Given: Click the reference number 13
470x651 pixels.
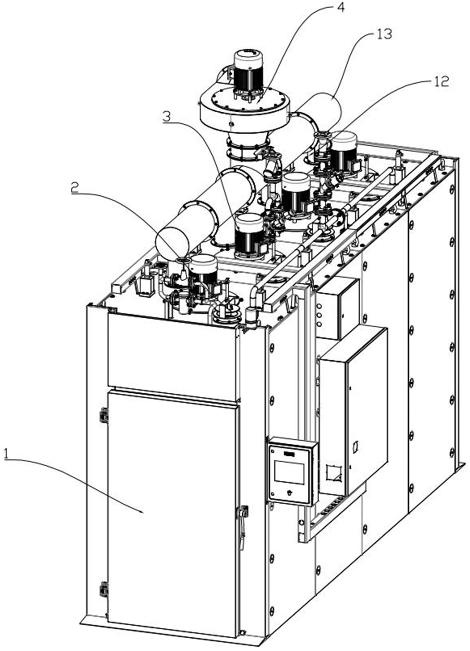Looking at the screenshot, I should (x=384, y=34).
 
